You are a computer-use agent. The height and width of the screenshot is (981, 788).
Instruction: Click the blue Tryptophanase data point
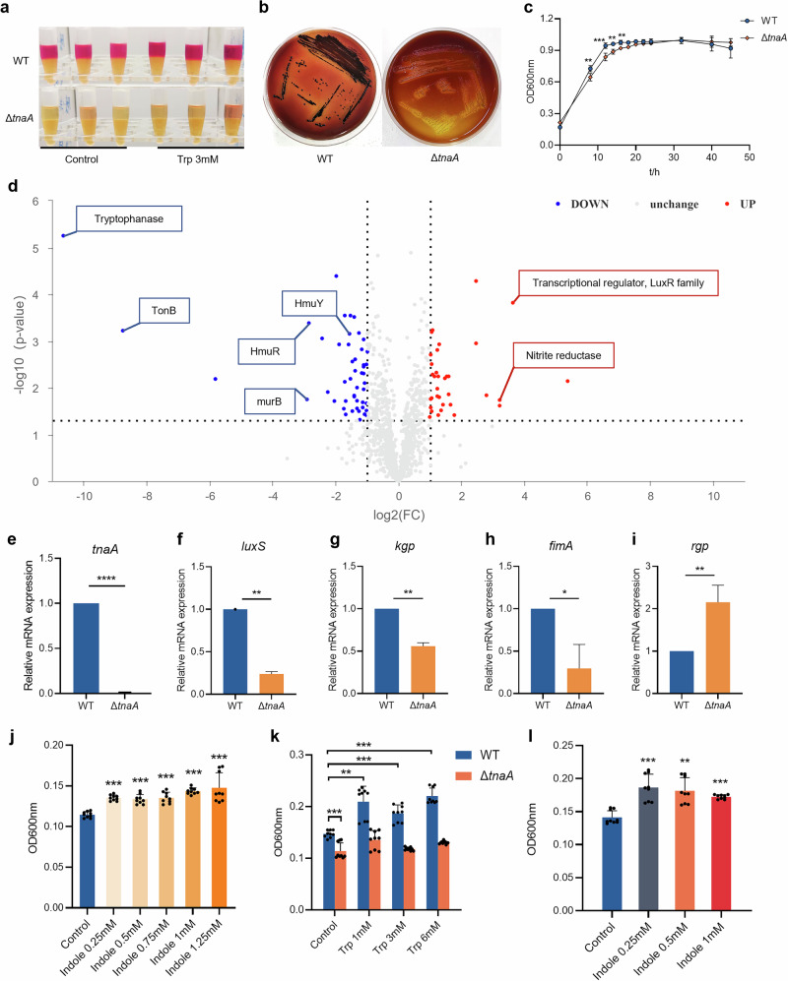click(x=64, y=235)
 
